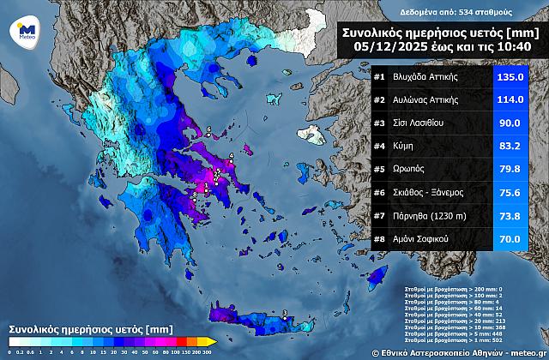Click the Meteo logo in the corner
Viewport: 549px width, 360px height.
pos(21,32)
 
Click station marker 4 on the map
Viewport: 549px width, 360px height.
pos(231,156)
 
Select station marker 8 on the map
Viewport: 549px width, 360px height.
pos(194,195)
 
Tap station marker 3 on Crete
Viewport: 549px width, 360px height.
pos(285,313)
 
